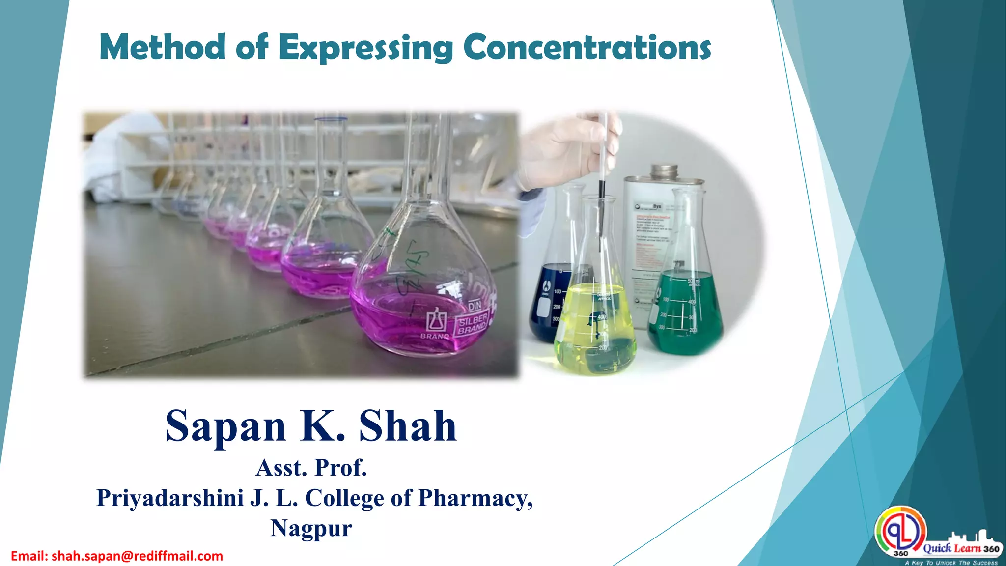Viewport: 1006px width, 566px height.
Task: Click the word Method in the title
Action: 162,48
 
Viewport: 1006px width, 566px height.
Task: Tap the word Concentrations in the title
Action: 587,48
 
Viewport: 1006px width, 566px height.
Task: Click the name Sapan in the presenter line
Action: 225,426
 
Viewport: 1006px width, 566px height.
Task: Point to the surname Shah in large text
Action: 408,426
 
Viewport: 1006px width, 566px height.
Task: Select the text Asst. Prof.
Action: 311,468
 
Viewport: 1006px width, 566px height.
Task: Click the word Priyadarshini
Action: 169,498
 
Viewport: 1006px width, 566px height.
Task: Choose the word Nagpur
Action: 311,528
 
